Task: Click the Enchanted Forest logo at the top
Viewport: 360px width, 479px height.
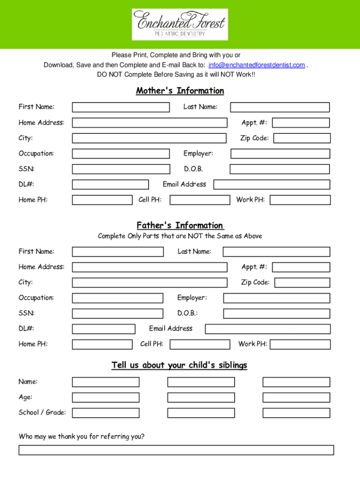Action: click(x=180, y=24)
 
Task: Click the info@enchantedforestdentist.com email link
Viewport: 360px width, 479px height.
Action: click(x=257, y=65)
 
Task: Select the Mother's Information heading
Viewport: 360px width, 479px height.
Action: click(x=180, y=91)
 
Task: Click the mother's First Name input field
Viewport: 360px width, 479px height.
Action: click(x=121, y=107)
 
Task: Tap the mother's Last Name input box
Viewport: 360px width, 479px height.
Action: click(x=276, y=107)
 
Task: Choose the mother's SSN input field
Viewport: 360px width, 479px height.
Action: click(x=121, y=169)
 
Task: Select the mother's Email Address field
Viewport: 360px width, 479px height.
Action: click(x=272, y=184)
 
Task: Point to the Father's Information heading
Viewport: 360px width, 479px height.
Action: click(x=180, y=225)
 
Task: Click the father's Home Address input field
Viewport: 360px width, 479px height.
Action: click(x=149, y=267)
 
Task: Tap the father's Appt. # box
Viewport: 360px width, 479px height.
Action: click(x=302, y=267)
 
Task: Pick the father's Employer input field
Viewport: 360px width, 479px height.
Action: click(x=276, y=298)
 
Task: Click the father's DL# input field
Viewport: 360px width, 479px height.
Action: click(x=103, y=329)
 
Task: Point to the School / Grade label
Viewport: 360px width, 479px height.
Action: click(x=42, y=412)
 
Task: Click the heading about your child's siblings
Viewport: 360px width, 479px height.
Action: click(x=179, y=365)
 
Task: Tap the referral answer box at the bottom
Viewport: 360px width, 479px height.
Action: click(x=176, y=450)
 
